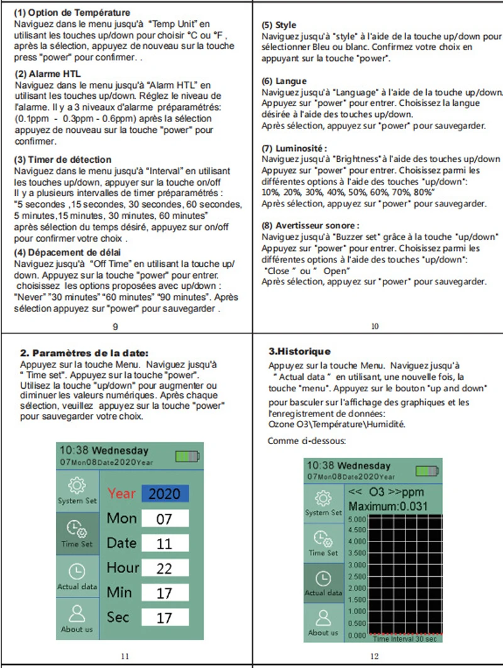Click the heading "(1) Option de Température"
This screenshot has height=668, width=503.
[72, 13]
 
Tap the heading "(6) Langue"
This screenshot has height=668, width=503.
[284, 81]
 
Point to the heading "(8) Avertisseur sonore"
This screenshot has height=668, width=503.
[310, 225]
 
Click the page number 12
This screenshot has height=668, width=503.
[373, 656]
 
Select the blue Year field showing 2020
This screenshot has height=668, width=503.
[164, 494]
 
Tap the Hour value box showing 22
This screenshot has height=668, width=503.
[164, 568]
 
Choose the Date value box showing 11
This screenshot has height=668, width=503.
[164, 543]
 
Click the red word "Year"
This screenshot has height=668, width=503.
[121, 494]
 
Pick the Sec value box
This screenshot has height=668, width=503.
[164, 618]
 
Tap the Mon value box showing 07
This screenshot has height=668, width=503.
[164, 519]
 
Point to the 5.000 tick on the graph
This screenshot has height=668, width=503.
[356, 520]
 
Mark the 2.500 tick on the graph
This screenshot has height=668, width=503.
[356, 577]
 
